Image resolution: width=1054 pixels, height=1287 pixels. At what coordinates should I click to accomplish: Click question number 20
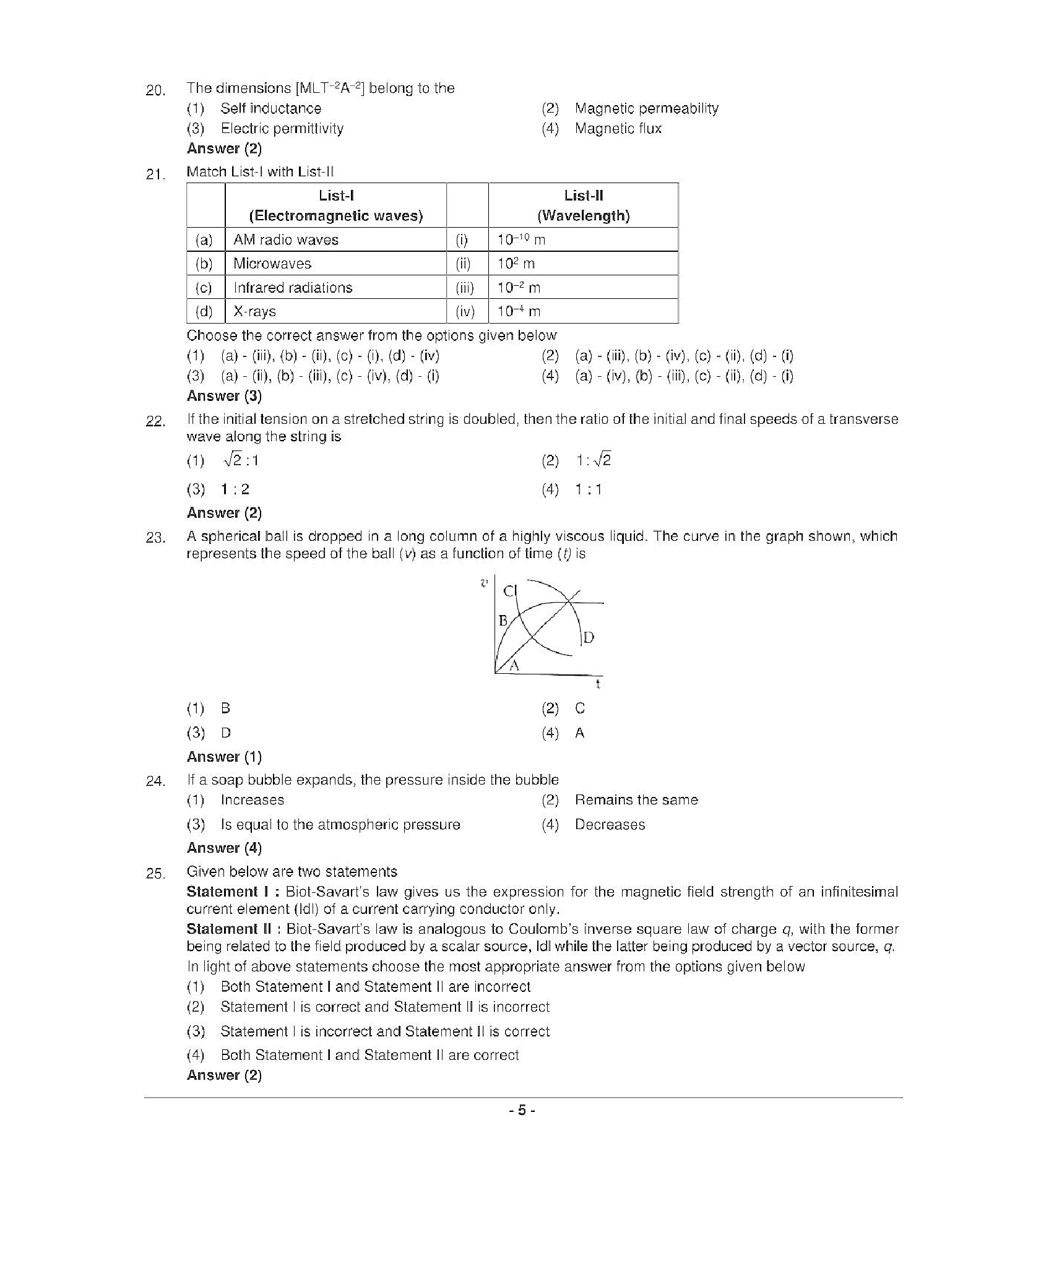155,90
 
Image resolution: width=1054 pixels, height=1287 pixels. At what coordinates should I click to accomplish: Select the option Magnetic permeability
646,108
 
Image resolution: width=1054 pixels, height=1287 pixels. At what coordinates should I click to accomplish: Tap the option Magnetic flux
618,129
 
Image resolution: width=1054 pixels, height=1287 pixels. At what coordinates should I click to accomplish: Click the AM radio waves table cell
286,240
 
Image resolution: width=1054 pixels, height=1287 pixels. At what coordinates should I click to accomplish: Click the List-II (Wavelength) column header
583,205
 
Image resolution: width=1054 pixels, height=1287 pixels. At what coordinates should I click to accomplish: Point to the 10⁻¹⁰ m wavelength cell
521,240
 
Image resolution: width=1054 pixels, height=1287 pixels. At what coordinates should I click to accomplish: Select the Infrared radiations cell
293,288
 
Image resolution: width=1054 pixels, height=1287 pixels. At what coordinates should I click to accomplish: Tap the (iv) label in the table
465,312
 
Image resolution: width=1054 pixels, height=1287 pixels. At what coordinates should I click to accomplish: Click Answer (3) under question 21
224,396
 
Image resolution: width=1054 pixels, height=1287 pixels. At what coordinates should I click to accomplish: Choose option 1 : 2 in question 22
235,489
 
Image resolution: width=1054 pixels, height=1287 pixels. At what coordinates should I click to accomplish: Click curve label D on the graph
589,637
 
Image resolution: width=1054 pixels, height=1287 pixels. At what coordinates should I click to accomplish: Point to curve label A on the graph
513,666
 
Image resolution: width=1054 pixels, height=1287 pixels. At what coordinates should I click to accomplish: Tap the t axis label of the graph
598,684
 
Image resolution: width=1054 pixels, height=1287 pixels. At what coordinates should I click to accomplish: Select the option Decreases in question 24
610,825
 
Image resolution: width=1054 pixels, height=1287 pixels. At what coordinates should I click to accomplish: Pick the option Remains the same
636,800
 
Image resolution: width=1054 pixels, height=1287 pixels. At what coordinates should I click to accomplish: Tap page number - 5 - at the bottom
522,1111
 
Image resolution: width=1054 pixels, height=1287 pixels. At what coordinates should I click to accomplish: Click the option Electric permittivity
282,129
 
